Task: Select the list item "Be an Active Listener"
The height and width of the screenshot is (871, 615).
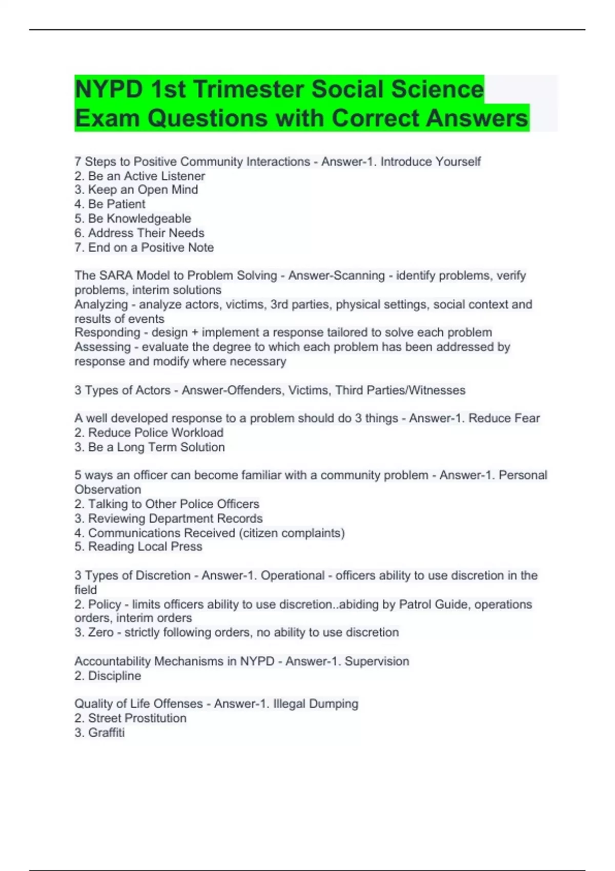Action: [x=140, y=176]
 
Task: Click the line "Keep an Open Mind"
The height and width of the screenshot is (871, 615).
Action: [x=136, y=190]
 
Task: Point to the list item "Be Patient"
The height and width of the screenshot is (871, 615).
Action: [x=110, y=204]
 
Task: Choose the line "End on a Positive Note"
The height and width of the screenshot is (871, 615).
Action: [x=144, y=247]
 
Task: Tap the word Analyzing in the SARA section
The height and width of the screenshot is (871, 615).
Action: [x=101, y=304]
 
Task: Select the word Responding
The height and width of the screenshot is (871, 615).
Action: [x=107, y=333]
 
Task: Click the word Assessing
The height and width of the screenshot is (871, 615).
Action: [x=102, y=347]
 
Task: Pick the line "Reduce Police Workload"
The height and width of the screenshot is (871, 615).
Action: [x=149, y=432]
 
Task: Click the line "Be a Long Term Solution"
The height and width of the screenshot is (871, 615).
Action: [x=150, y=447]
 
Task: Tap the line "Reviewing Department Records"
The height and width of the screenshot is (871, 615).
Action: [x=169, y=518]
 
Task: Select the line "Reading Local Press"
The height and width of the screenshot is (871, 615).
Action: [x=138, y=547]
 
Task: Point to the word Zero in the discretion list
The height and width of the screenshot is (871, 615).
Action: [x=100, y=632]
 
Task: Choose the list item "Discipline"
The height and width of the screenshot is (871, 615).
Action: [x=108, y=676]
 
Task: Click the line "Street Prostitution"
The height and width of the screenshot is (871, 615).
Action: [x=131, y=718]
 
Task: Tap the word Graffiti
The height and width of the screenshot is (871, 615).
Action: [x=106, y=732]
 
